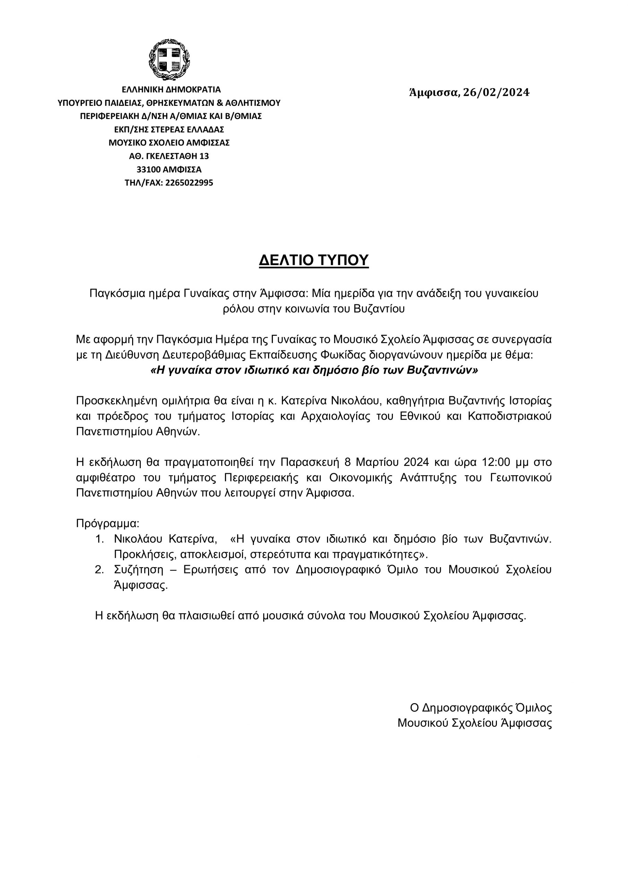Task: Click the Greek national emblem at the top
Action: [169, 60]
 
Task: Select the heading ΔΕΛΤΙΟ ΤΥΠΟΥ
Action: [313, 261]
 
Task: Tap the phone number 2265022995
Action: [189, 183]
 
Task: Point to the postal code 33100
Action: [148, 170]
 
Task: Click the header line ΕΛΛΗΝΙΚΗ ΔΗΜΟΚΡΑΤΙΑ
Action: [171, 90]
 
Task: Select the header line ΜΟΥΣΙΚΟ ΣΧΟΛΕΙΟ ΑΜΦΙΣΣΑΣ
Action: [169, 143]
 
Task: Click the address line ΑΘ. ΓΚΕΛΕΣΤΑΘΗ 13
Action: [169, 156]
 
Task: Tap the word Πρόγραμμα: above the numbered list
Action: [107, 524]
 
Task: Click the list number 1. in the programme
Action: [100, 539]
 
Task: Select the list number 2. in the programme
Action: [100, 570]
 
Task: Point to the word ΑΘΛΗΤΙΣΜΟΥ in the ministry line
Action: [252, 103]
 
